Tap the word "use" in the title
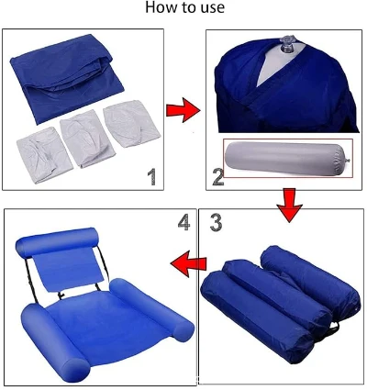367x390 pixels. pyautogui.click(x=213, y=8)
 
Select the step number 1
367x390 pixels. pyautogui.click(x=152, y=177)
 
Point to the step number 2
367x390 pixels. pyautogui.click(x=218, y=177)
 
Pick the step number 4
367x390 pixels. pyautogui.click(x=183, y=222)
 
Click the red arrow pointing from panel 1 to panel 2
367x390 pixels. pyautogui.click(x=183, y=110)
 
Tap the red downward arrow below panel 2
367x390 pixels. pyautogui.click(x=289, y=205)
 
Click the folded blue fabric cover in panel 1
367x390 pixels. pyautogui.click(x=66, y=78)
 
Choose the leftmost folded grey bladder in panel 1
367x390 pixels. pyautogui.click(x=44, y=155)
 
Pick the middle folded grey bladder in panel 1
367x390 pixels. pyautogui.click(x=87, y=139)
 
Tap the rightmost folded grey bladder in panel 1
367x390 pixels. pyautogui.click(x=132, y=124)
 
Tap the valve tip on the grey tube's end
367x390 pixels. pyautogui.click(x=349, y=160)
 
